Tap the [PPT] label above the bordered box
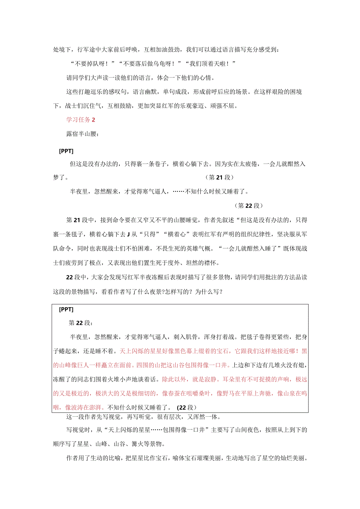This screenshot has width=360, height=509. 66,151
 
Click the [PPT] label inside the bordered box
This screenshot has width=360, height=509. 66,309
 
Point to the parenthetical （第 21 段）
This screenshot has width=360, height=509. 219,178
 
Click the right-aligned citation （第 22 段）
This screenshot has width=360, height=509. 249,206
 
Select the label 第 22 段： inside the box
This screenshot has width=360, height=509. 80,323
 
